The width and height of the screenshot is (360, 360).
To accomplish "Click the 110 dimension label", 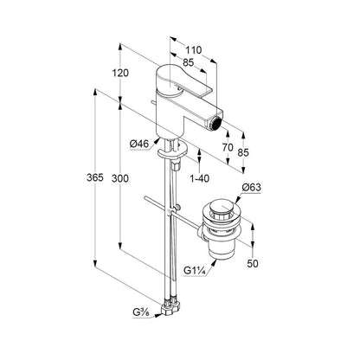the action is click(193, 50).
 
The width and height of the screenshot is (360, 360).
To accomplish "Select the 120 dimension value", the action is click(120, 73).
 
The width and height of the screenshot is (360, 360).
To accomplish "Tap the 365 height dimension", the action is click(95, 177).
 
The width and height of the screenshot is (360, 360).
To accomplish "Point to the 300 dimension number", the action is click(120, 179).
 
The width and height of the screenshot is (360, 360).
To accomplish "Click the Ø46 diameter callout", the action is click(139, 144).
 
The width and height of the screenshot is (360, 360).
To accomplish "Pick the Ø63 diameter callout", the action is click(251, 188).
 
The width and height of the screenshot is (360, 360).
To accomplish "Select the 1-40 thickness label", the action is click(200, 178).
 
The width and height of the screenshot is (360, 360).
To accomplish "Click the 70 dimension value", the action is click(228, 147).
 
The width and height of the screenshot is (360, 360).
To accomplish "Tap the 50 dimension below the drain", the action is click(253, 263).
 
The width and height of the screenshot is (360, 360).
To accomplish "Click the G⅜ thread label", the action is click(141, 312).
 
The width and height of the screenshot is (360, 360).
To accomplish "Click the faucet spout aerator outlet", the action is click(215, 123).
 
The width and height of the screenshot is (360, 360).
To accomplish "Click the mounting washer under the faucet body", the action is click(172, 151).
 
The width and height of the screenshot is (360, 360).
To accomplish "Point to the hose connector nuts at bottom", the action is click(170, 306).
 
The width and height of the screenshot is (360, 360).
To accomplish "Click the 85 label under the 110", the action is click(189, 62).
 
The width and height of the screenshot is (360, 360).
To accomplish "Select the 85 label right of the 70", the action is click(243, 152).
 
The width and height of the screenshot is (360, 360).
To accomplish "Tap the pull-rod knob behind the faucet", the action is click(153, 102).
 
